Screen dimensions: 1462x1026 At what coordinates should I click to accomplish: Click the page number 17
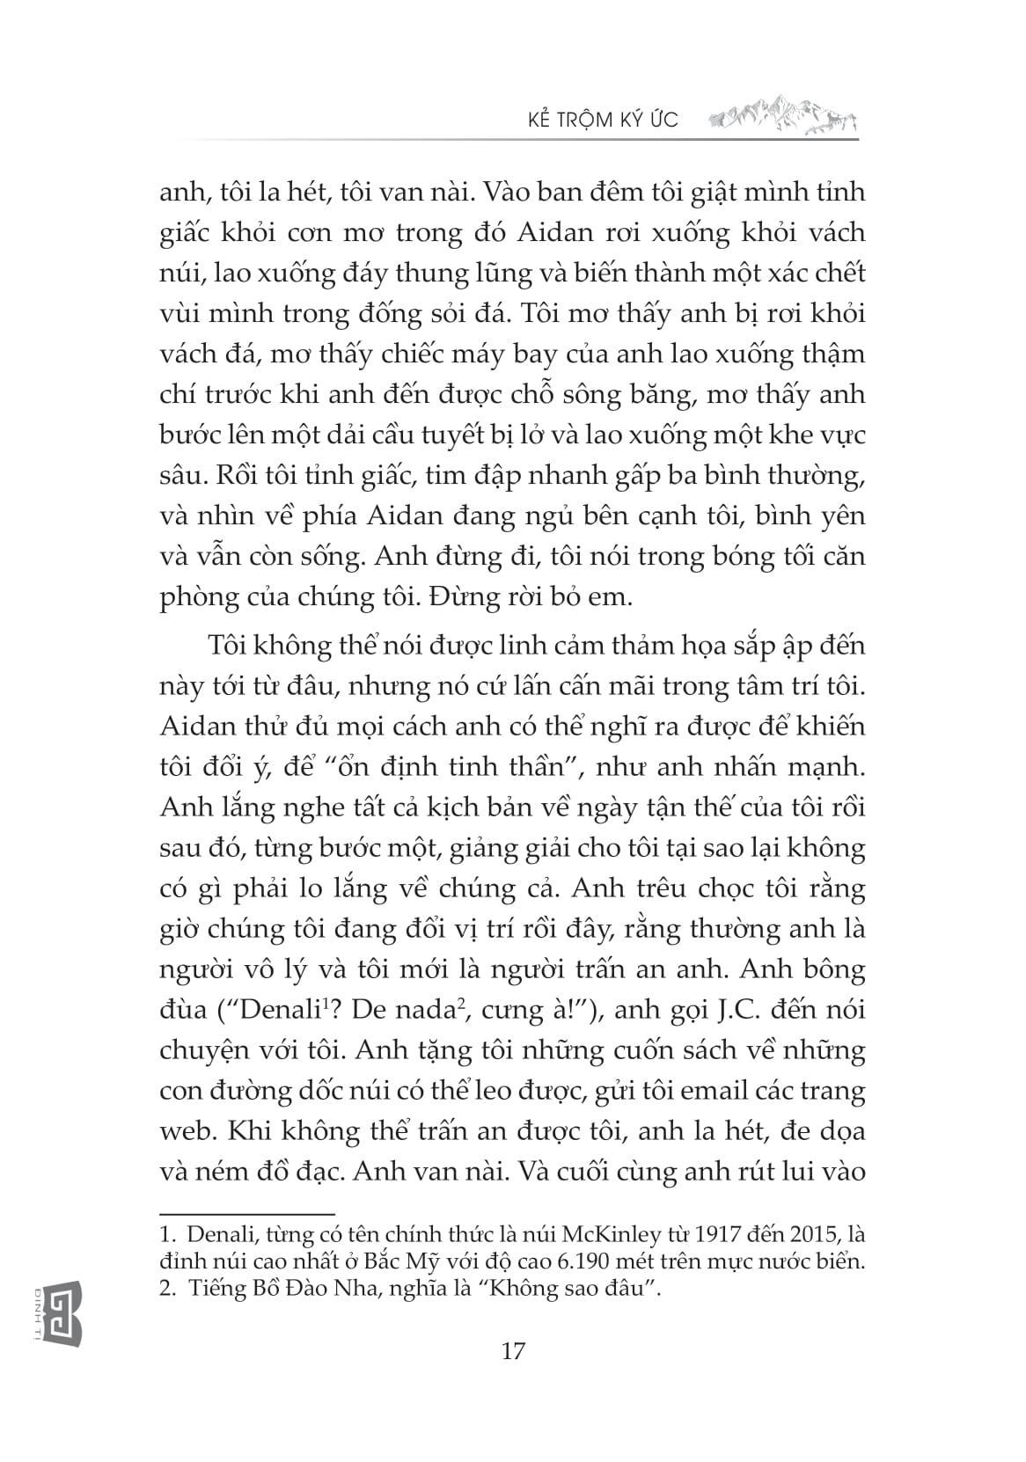click(513, 1350)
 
